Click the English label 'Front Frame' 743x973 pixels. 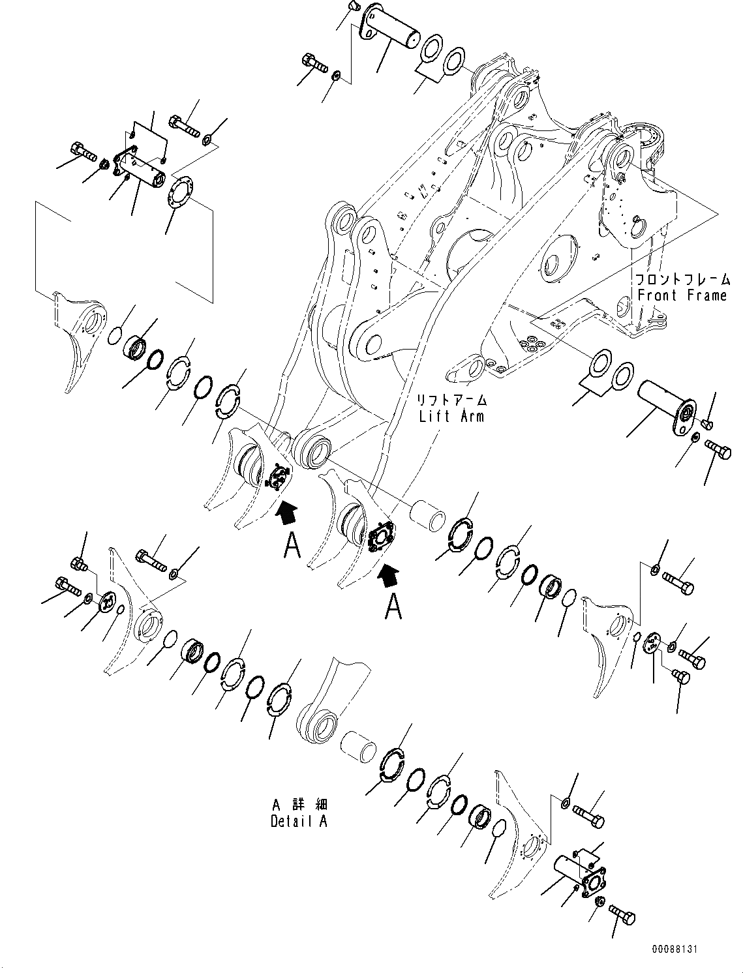click(x=682, y=295)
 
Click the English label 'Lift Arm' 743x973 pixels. click(x=451, y=415)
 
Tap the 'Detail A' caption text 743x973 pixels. click(x=299, y=821)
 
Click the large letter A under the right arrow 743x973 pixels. click(x=393, y=606)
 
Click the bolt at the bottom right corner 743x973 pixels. click(x=622, y=915)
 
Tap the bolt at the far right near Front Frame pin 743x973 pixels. click(x=718, y=449)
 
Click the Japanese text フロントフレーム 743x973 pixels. click(x=682, y=279)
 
